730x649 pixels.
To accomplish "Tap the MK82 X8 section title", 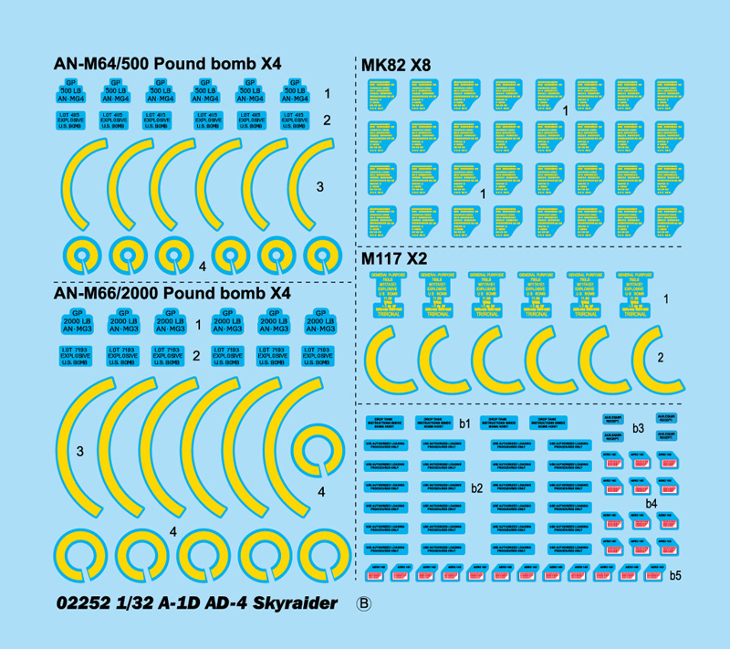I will pyautogui.click(x=396, y=66).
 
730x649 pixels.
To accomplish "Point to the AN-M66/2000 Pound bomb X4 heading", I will pyautogui.click(x=172, y=294).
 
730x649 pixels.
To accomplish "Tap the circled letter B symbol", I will pyautogui.click(x=363, y=603).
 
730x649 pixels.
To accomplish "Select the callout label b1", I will pyautogui.click(x=464, y=424).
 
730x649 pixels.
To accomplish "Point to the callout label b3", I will pyautogui.click(x=638, y=428).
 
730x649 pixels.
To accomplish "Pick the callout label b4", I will pyautogui.click(x=651, y=503).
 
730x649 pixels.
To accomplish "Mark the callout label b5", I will pyautogui.click(x=675, y=576).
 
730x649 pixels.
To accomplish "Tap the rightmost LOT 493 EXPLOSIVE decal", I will pyautogui.click(x=294, y=120).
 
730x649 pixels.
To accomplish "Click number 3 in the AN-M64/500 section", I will pyautogui.click(x=319, y=187).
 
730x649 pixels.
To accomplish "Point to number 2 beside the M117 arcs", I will pyautogui.click(x=686, y=357).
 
